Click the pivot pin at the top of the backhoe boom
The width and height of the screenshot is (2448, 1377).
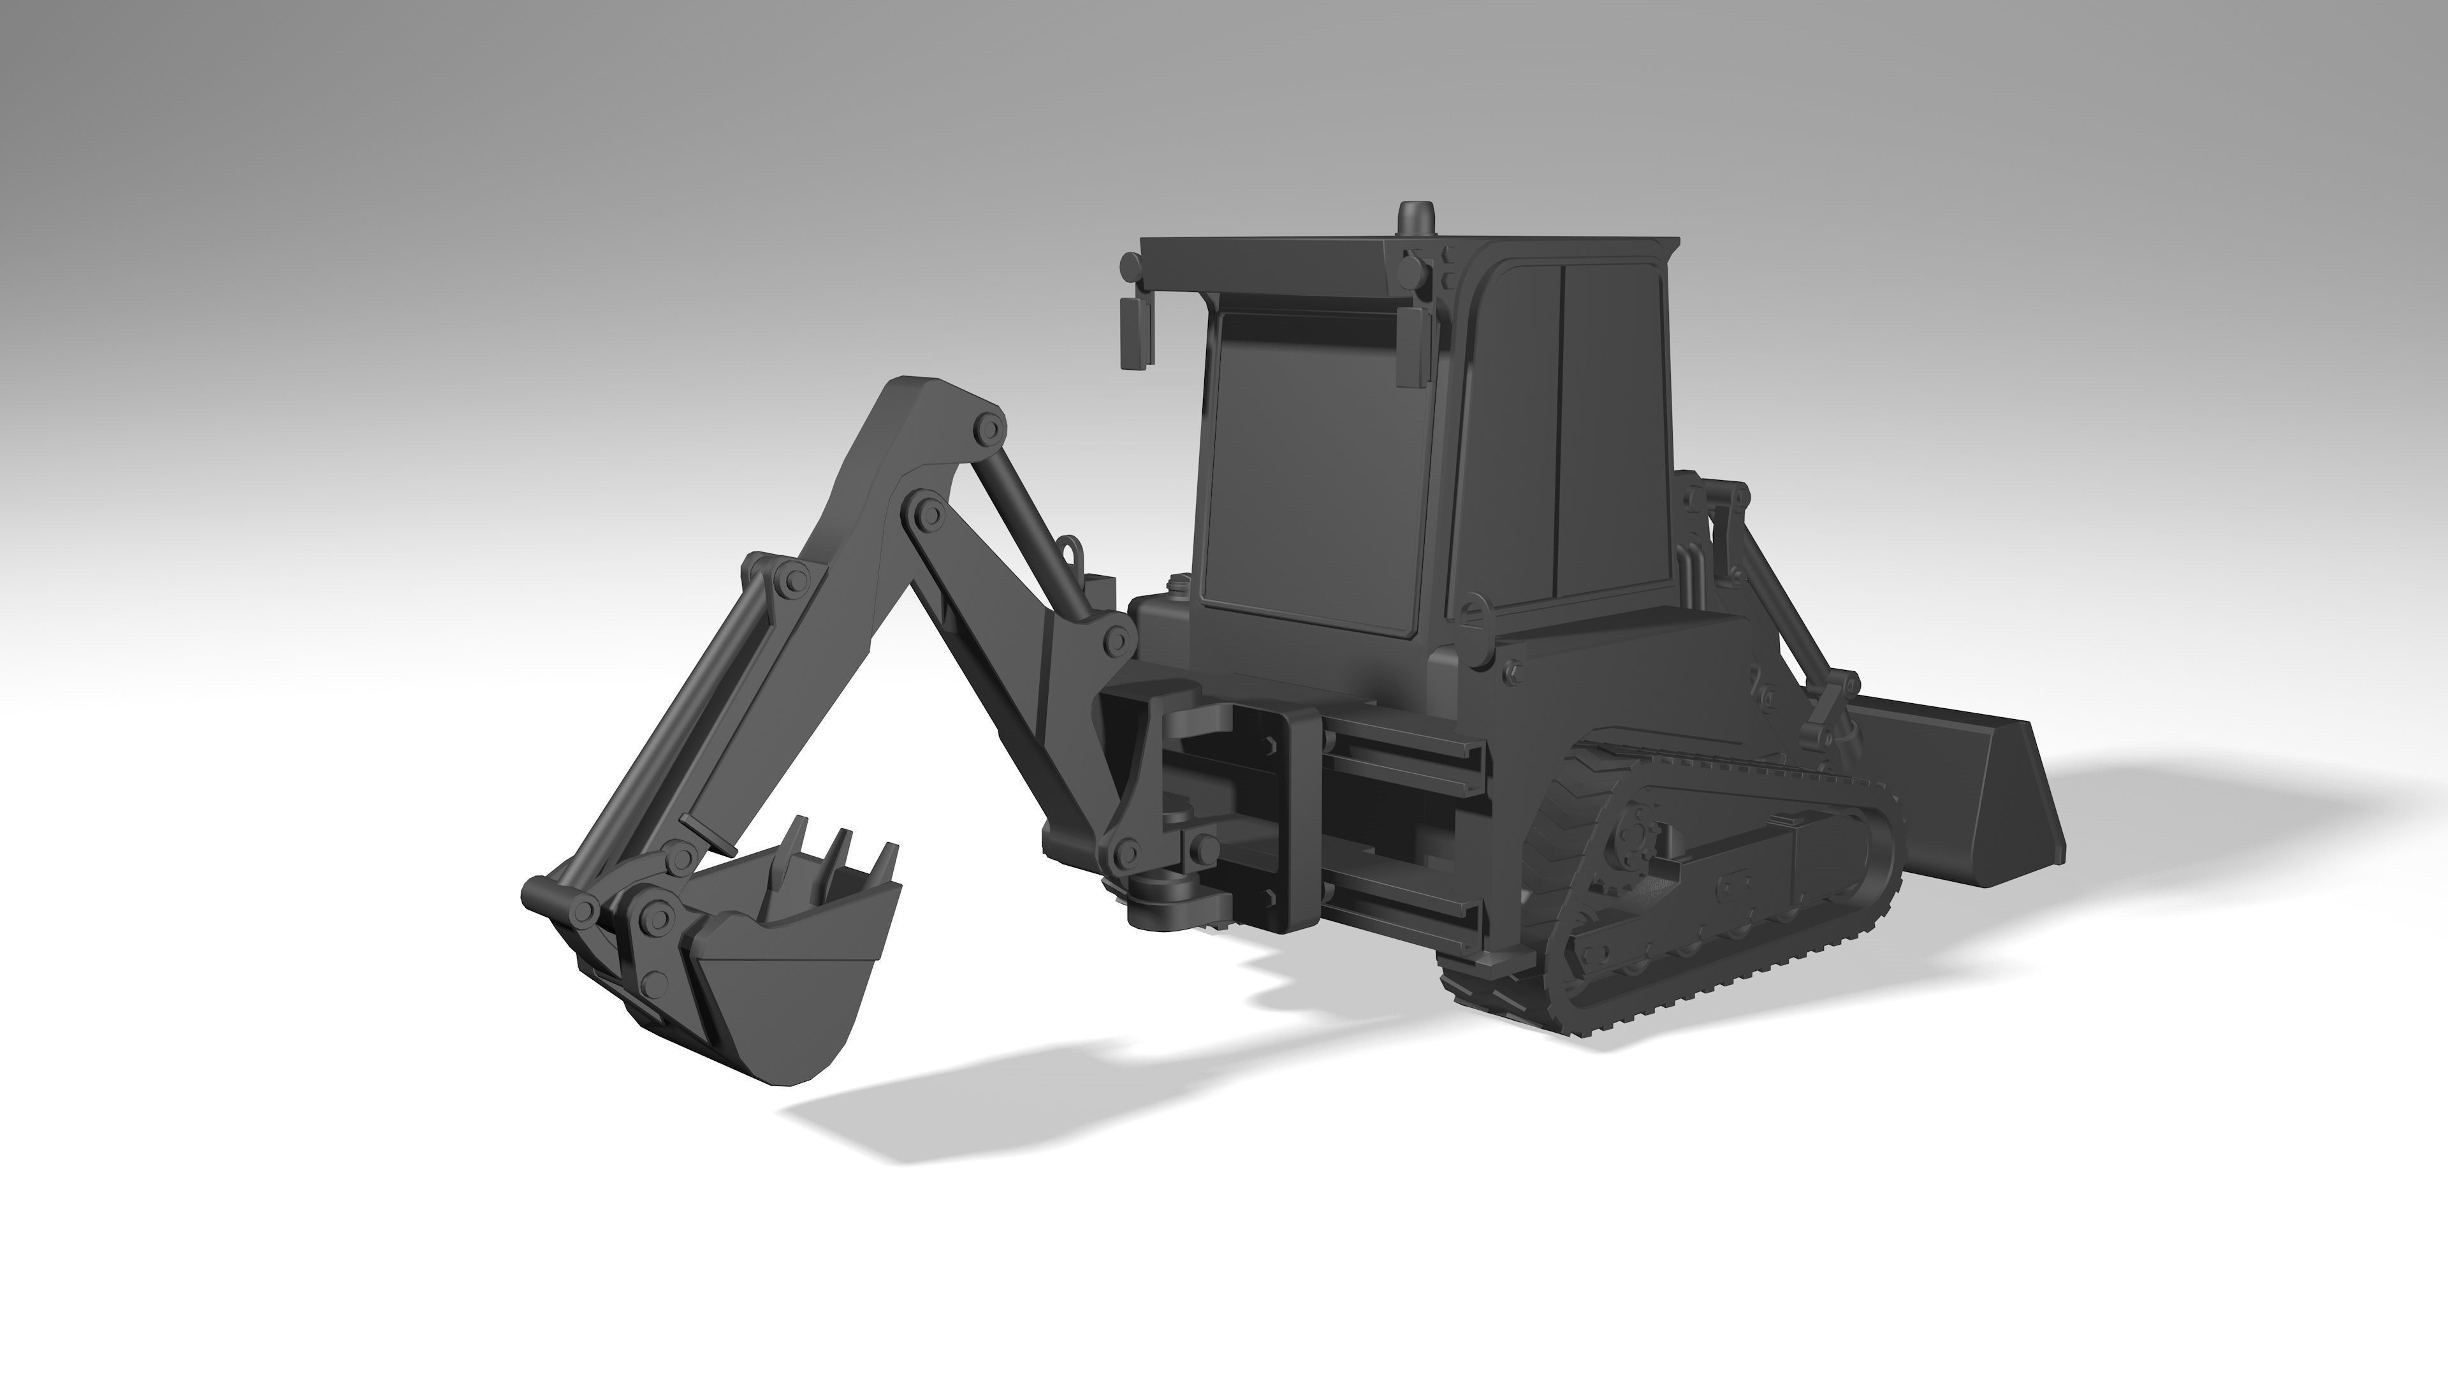pos(988,430)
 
